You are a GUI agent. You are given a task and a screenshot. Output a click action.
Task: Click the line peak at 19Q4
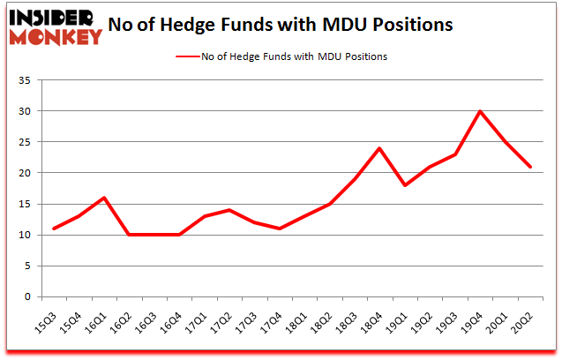[479, 111]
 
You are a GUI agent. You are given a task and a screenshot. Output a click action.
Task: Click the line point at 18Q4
[378, 148]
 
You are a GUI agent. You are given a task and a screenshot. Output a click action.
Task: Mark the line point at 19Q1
[404, 185]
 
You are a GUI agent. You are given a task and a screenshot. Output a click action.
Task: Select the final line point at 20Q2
[529, 167]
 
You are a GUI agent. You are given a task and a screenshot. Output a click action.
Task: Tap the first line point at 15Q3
[54, 229]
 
